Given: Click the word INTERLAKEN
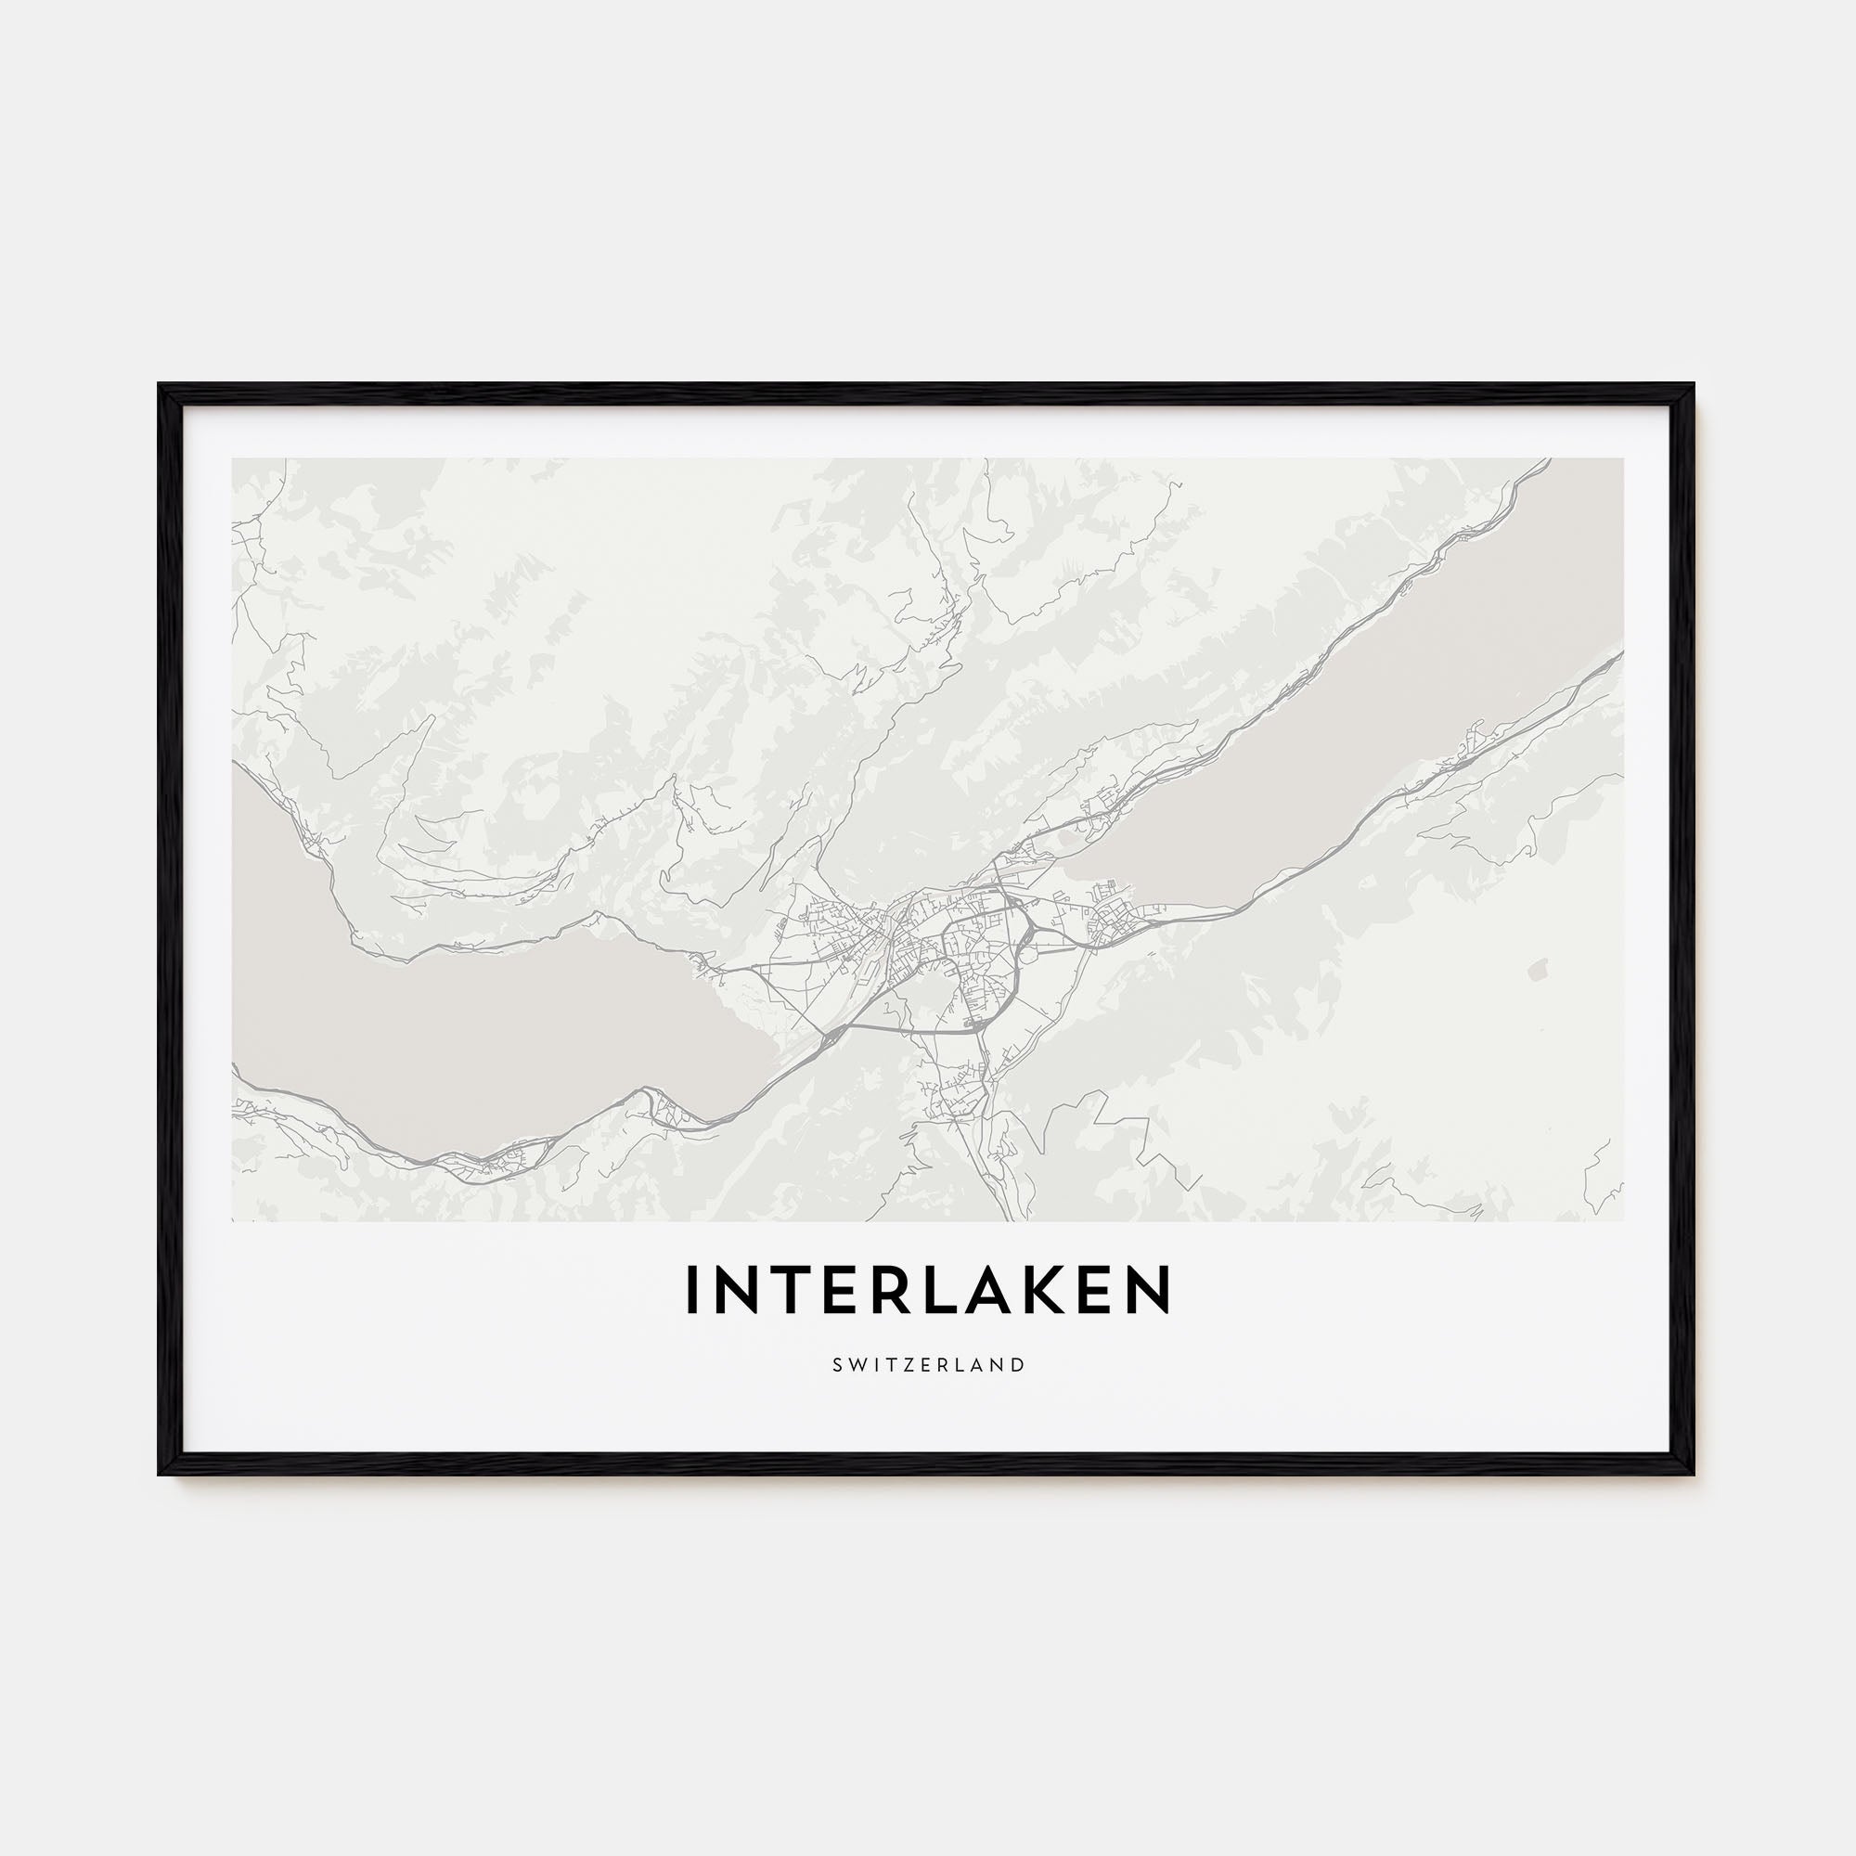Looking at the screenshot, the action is click(928, 1290).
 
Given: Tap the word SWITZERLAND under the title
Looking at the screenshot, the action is click(928, 1365).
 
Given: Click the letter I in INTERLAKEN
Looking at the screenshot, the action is click(690, 1290).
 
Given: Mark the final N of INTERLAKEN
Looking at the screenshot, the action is click(1153, 1290).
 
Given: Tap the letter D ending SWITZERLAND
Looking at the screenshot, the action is click(1019, 1365).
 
